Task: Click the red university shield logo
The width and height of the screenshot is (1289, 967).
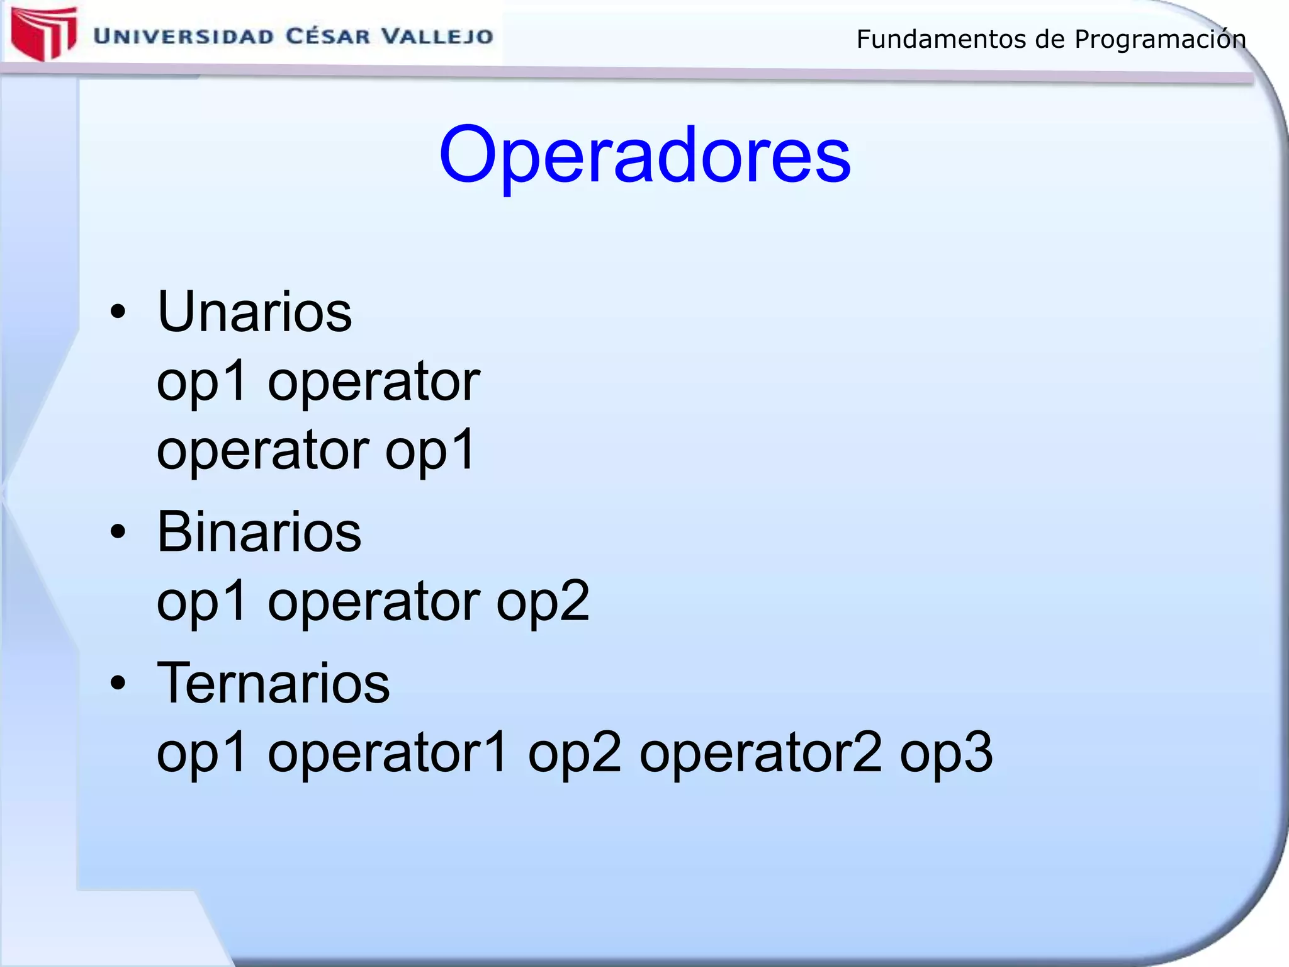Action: coord(43,33)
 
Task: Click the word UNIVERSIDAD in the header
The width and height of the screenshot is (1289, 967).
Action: coord(183,37)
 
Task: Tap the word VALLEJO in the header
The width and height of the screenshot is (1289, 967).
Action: coord(438,37)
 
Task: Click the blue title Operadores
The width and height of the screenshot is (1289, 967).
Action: coord(644,156)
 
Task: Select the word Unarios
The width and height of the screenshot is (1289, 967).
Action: coord(254,312)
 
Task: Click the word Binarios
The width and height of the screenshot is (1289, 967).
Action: coord(259,533)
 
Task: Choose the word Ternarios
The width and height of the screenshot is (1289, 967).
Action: coord(273,684)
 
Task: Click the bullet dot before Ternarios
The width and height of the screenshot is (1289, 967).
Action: coord(118,683)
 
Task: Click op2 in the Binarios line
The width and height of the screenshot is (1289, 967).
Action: coord(543,602)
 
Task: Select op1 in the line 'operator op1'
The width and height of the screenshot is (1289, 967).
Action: coord(430,451)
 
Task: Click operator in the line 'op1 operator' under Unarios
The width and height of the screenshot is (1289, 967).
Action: coord(374,382)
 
